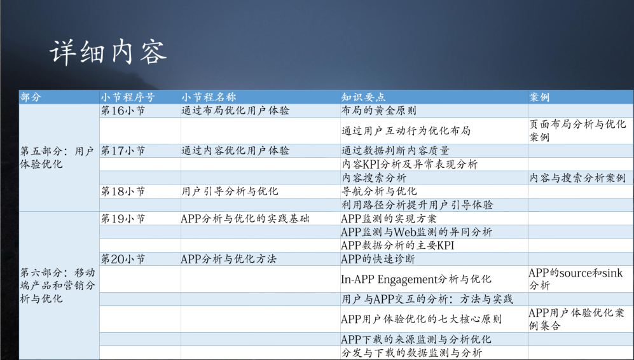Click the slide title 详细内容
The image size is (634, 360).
pyautogui.click(x=108, y=52)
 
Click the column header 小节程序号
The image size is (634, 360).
pyautogui.click(x=128, y=97)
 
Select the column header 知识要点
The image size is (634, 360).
pyautogui.click(x=363, y=97)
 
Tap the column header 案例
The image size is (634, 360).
pyautogui.click(x=539, y=97)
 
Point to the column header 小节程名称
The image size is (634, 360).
pyautogui.click(x=209, y=97)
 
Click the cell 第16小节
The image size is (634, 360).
pyautogui.click(x=123, y=111)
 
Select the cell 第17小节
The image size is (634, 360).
pyautogui.click(x=123, y=151)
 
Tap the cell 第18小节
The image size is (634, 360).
pyautogui.click(x=123, y=191)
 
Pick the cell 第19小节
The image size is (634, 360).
pyautogui.click(x=123, y=218)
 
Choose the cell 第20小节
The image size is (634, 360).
pyautogui.click(x=123, y=259)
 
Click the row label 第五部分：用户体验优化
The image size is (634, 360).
pyautogui.click(x=57, y=157)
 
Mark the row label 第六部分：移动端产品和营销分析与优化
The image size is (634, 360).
pyautogui.click(x=57, y=285)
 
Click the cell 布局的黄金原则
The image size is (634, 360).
pyautogui.click(x=378, y=111)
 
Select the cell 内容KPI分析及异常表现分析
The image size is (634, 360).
pyautogui.click(x=409, y=164)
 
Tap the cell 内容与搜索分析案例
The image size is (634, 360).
pyautogui.click(x=577, y=177)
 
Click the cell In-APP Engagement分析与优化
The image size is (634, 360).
pyautogui.click(x=416, y=279)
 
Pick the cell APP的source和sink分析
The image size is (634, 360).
pyautogui.click(x=575, y=279)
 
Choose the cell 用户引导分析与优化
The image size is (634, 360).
pyautogui.click(x=230, y=191)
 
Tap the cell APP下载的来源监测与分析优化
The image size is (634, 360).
pyautogui.click(x=416, y=339)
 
